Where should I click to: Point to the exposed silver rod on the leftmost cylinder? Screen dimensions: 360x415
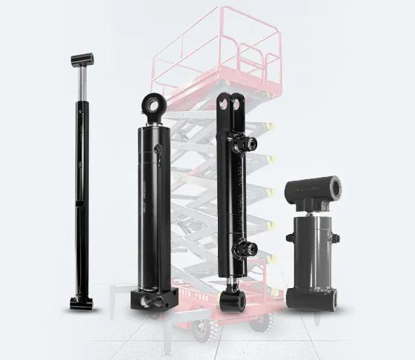79,83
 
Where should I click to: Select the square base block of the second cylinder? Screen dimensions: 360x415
154,299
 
